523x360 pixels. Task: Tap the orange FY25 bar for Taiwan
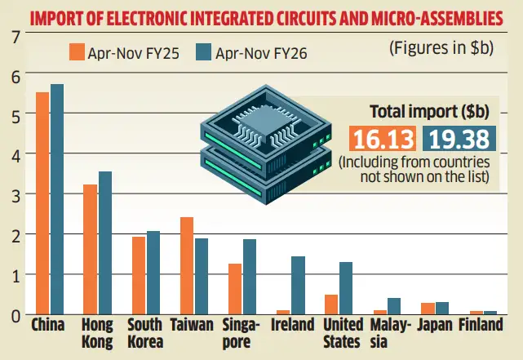tap(187, 265)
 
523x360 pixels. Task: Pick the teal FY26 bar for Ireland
tap(298, 285)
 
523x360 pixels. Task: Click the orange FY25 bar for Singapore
tap(235, 289)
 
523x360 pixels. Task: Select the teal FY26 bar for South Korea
tap(153, 273)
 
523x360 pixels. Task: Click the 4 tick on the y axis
tap(12, 154)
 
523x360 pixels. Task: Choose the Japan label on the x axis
tap(441, 325)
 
